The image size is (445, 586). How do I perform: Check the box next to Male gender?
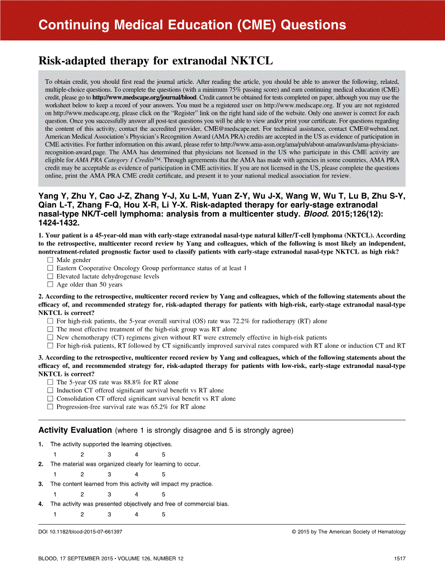(50, 260)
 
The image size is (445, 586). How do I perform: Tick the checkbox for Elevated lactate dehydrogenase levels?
(50, 277)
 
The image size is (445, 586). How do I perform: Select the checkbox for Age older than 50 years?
(50, 285)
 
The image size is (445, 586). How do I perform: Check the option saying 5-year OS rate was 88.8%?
(50, 382)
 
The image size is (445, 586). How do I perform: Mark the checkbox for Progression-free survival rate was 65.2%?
(50, 407)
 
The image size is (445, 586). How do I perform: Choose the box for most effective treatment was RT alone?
(50, 329)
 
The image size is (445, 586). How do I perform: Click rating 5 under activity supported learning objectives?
(163, 455)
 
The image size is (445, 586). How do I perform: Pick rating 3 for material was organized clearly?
(109, 475)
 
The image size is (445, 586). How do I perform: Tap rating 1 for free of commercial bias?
(55, 515)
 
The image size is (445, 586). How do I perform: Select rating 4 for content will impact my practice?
(136, 495)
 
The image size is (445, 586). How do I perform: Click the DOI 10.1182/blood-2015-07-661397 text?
(80, 532)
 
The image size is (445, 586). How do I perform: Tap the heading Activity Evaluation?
(75, 430)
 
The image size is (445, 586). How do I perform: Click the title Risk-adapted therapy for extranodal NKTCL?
(156, 61)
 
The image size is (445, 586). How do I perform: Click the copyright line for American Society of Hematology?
(349, 532)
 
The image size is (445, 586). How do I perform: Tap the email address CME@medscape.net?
(196, 128)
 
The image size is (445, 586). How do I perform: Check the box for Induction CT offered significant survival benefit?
(50, 391)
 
